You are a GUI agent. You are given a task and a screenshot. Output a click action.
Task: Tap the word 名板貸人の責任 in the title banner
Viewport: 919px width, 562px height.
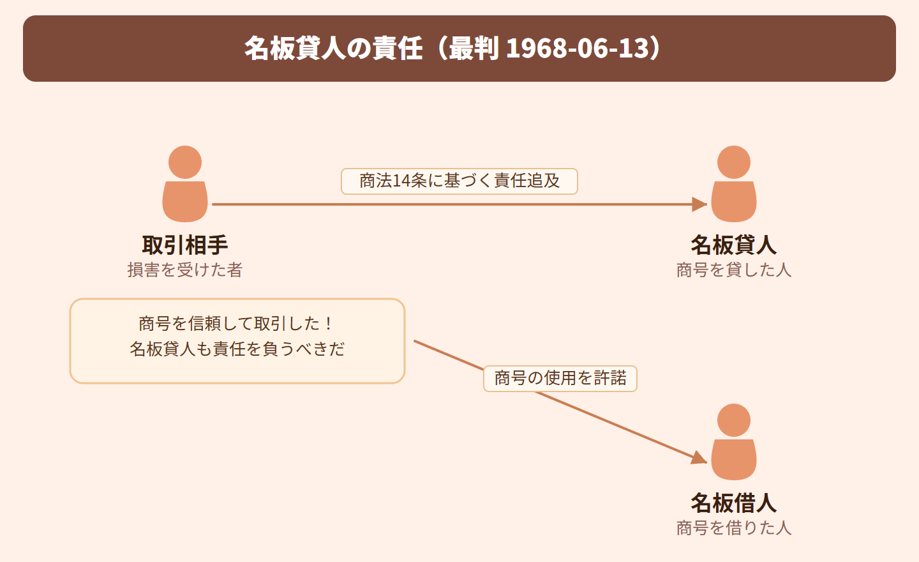[333, 49]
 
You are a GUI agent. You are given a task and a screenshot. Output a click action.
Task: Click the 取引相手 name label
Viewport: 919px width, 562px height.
[184, 245]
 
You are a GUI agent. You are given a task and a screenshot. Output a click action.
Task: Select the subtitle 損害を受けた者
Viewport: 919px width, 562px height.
[184, 270]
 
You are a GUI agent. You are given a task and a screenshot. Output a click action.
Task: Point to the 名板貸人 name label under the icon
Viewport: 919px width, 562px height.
[733, 245]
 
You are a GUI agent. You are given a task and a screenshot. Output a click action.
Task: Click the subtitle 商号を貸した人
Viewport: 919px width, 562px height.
[733, 270]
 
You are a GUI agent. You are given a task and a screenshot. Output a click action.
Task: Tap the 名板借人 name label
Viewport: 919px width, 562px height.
[733, 503]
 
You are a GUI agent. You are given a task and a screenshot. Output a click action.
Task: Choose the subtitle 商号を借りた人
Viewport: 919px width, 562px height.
[733, 528]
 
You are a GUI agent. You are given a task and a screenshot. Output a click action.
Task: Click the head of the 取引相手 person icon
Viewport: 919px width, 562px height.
[185, 162]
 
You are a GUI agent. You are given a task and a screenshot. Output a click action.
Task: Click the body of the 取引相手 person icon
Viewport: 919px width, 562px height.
[185, 202]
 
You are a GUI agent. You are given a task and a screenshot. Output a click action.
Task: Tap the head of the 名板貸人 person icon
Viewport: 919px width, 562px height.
[734, 162]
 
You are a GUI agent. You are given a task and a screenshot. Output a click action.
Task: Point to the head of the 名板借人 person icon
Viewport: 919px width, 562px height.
[734, 420]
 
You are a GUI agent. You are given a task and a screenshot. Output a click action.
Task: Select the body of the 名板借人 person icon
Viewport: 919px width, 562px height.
[734, 459]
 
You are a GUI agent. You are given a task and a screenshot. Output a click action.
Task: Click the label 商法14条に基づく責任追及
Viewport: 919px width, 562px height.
[459, 181]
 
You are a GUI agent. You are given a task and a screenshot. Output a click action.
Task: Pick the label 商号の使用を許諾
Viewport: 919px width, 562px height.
[560, 379]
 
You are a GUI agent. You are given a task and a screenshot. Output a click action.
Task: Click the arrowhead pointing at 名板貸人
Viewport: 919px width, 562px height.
[699, 204]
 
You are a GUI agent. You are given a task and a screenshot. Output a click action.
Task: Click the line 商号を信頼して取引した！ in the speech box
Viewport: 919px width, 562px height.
[237, 324]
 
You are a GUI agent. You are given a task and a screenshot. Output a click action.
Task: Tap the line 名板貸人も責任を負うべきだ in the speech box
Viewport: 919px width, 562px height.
[237, 349]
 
